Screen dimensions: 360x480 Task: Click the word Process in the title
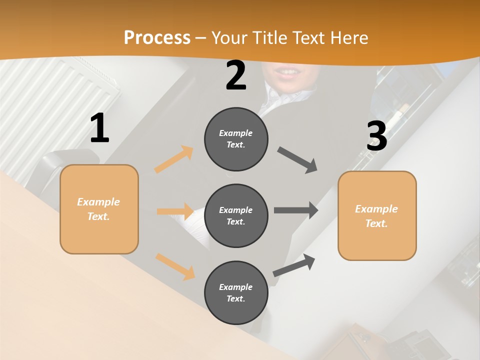pyautogui.click(x=157, y=38)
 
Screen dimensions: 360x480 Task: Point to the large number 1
pyautogui.click(x=99, y=128)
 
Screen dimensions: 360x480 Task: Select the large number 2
pyautogui.click(x=236, y=76)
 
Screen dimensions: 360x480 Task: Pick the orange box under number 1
pyautogui.click(x=99, y=209)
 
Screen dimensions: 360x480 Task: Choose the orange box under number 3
pyautogui.click(x=377, y=215)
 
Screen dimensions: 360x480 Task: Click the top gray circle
pyautogui.click(x=236, y=139)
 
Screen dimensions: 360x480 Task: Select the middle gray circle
pyautogui.click(x=236, y=215)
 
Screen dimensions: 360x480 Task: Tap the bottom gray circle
pyautogui.click(x=236, y=292)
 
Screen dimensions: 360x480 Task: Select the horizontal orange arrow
pyautogui.click(x=175, y=211)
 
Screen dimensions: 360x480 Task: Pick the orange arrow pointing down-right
pyautogui.click(x=175, y=266)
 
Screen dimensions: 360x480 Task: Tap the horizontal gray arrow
pyautogui.click(x=296, y=210)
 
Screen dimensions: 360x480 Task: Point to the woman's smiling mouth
pyautogui.click(x=288, y=74)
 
